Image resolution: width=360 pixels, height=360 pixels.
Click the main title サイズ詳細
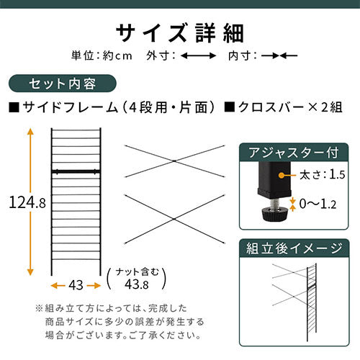coord(180,33)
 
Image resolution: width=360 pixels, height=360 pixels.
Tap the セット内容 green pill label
coord(63,84)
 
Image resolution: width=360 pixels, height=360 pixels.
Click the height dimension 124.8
coord(27,202)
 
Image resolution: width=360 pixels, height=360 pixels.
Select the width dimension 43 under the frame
coord(76,285)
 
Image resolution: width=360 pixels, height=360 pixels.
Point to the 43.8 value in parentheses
coord(137,284)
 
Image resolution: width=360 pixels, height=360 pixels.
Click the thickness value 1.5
coord(337,174)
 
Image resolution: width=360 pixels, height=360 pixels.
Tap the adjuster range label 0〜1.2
coord(318,204)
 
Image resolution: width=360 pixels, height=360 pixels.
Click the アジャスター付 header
coord(294,153)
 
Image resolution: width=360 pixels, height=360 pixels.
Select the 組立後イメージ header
coord(294,248)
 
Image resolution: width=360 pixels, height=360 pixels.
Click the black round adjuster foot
coord(274,215)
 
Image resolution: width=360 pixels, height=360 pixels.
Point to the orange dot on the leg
coord(281,175)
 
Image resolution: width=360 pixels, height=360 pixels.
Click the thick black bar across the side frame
coord(76,171)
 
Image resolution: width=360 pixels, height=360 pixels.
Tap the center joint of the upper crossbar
coord(174,161)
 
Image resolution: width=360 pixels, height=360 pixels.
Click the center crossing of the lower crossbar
coord(174,219)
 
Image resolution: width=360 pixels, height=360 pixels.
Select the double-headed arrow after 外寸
coord(198,56)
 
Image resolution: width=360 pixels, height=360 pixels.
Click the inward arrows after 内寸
coord(279,56)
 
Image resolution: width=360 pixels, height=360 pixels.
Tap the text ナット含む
coord(137,272)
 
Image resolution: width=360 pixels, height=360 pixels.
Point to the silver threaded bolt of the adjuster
coord(274,204)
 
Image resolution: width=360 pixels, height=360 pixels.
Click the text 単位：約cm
coord(102,55)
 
